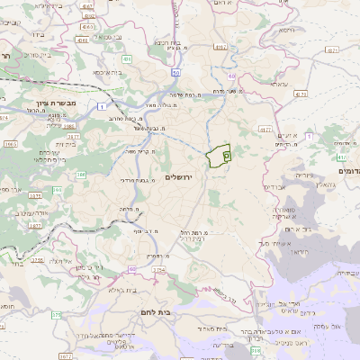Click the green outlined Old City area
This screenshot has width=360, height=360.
point(218,157)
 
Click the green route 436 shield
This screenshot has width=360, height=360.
point(127,59)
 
